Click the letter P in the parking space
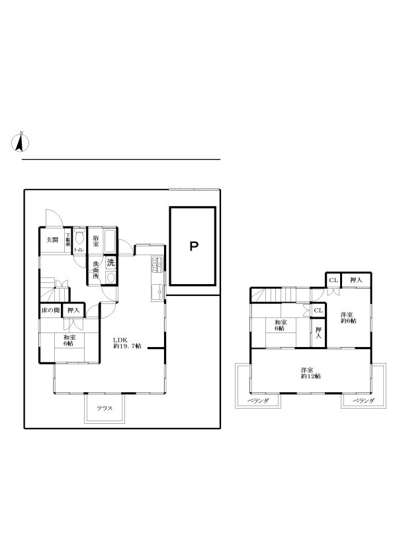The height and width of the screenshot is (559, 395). tap(193, 247)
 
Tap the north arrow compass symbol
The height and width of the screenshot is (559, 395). tap(20, 142)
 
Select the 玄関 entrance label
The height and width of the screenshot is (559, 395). tap(50, 240)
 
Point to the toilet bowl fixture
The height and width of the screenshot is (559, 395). tap(80, 238)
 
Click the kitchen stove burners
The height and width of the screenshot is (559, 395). tap(157, 265)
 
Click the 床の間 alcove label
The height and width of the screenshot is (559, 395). tap(50, 310)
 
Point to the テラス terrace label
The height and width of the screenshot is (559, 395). tap(103, 408)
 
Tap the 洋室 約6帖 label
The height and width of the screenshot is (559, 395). tap(348, 317)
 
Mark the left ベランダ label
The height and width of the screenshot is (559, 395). tap(257, 400)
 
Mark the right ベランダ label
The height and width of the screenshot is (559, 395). tap(363, 400)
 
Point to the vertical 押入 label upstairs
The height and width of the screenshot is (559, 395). tap(318, 333)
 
